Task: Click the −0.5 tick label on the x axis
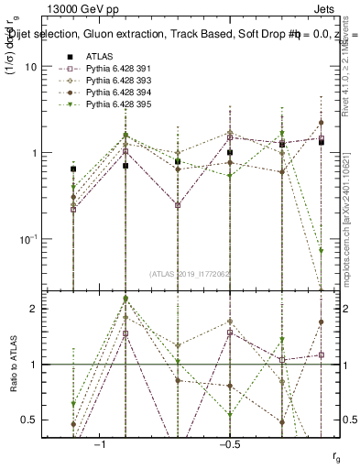tap(229, 443)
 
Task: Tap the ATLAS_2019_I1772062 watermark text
tap(190, 274)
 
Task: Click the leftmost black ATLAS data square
tap(73, 169)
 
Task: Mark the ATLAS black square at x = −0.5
tap(230, 153)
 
